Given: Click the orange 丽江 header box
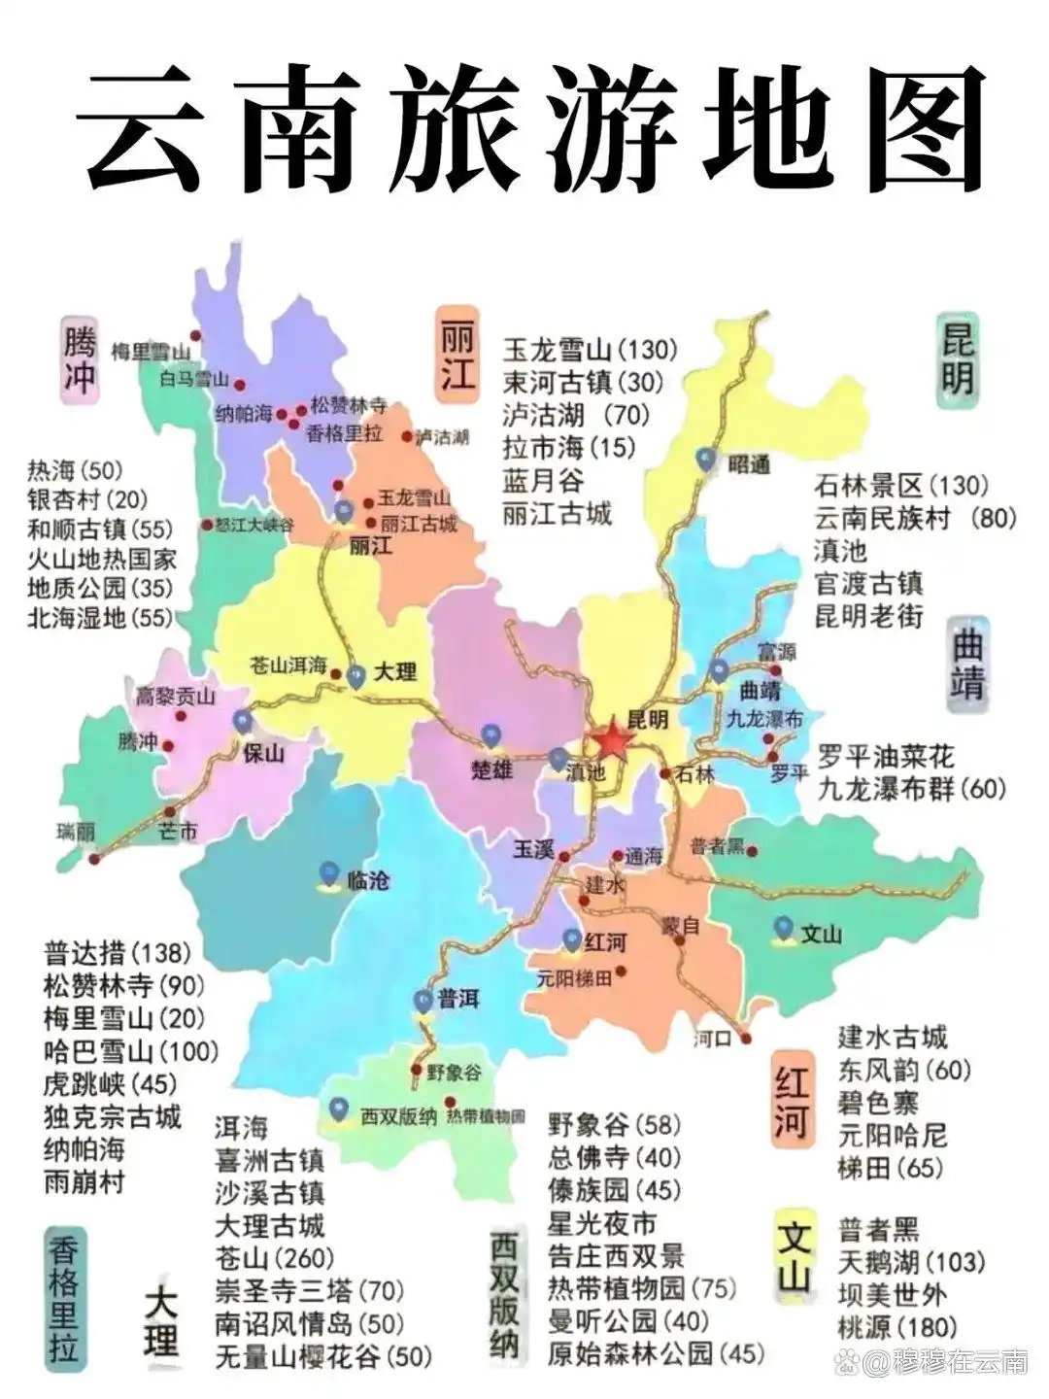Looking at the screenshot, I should tap(457, 352).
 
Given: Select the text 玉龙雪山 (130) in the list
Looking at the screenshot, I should tap(590, 350).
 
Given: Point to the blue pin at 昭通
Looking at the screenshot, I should tap(706, 459).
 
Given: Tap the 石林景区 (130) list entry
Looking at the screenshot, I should tap(900, 485).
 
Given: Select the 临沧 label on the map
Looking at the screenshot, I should tap(368, 880).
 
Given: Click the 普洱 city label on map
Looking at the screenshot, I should tap(458, 999).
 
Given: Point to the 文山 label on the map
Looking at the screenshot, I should tap(821, 934).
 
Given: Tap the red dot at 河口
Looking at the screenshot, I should tap(746, 1039).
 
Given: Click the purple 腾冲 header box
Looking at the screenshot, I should tap(80, 358).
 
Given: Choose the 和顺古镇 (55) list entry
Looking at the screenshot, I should tap(99, 529).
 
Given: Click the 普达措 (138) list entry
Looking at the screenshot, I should tap(117, 953).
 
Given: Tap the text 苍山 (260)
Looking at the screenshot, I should tap(274, 1258).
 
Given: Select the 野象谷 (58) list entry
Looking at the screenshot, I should tap(614, 1125).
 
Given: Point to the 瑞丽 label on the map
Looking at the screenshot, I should tap(75, 833).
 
